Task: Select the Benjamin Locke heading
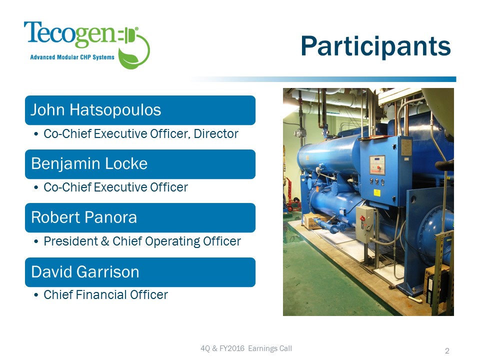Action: coord(89,164)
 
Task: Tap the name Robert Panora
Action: coord(84,217)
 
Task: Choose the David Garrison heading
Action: coord(85,272)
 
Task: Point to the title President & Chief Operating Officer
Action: coord(142,241)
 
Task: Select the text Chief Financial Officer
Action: coord(105,295)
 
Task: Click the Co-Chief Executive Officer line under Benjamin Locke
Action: coord(115,187)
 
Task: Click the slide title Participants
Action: coord(375,46)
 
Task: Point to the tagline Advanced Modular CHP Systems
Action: coord(72,57)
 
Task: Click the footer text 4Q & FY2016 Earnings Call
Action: coord(245,348)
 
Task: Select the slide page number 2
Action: coord(447,351)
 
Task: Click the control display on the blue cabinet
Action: coord(377,165)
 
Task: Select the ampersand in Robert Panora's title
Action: coord(104,241)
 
